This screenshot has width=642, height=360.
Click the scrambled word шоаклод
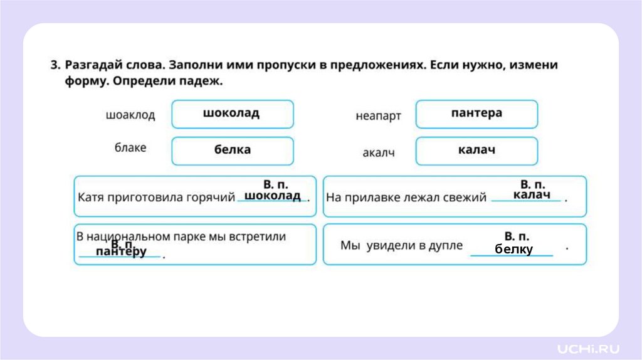pos(130,115)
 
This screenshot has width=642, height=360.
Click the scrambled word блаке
pos(130,148)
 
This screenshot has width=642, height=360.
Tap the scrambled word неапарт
pos(378,116)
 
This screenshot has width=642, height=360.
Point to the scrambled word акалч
pos(379,153)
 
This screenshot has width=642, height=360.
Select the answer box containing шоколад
pos(232,114)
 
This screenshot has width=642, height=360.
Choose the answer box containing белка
pos(232,151)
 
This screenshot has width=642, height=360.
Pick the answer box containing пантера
pos(476,114)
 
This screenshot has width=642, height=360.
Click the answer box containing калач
pos(476,151)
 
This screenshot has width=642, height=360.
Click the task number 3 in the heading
pos(55,65)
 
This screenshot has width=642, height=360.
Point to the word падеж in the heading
pos(202,82)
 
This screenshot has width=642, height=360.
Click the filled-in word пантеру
pos(121,252)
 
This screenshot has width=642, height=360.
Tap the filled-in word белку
pos(513,250)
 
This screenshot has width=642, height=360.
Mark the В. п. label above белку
pos(517,236)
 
